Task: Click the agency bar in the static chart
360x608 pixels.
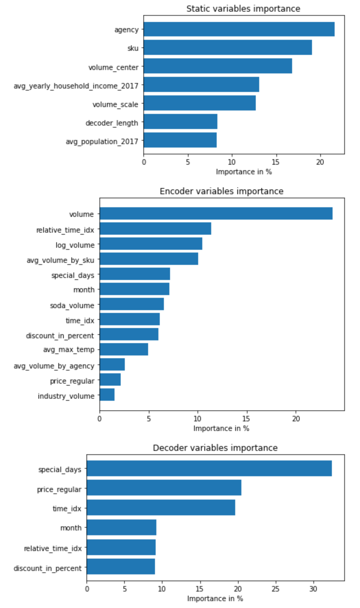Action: tap(239, 29)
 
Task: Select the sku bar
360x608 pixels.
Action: tap(228, 47)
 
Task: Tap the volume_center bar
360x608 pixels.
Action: tap(218, 66)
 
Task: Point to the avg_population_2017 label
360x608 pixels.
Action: tap(102, 141)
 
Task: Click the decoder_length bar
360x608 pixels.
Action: tap(180, 121)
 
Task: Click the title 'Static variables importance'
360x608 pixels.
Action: tap(243, 9)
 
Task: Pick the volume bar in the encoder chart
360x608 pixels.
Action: tap(216, 213)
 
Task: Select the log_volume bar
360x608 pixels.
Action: tap(151, 244)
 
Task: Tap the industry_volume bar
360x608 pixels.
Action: tap(107, 395)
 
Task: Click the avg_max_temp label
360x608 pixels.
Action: tap(69, 350)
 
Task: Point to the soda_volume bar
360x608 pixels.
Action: tap(132, 304)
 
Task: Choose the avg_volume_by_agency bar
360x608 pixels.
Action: tap(112, 364)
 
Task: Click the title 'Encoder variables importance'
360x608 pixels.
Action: tap(221, 191)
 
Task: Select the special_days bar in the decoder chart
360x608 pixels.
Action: tap(209, 468)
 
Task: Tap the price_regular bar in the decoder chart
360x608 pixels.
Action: tap(164, 488)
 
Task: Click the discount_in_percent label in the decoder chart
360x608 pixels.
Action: tap(48, 568)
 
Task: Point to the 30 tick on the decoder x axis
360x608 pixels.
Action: tap(313, 589)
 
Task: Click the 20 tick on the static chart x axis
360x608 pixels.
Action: tap(320, 162)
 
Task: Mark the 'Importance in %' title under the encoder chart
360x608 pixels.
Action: tap(221, 428)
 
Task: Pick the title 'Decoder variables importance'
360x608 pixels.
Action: tap(215, 448)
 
